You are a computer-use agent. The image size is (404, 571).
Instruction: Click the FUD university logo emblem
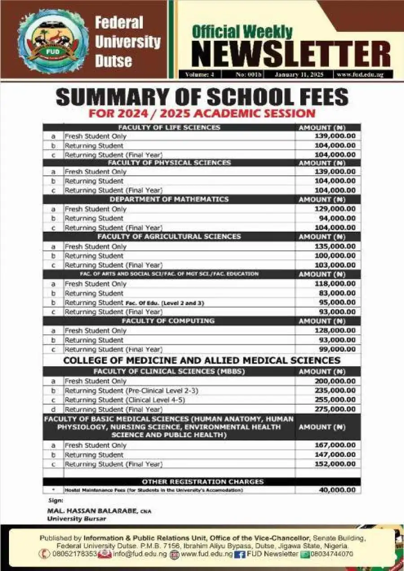pyautogui.click(x=53, y=41)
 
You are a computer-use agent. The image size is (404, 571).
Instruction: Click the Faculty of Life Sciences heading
pyautogui.click(x=169, y=127)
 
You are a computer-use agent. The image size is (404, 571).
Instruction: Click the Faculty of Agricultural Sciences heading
pyautogui.click(x=169, y=237)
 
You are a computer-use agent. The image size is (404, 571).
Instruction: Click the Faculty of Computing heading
pyautogui.click(x=168, y=321)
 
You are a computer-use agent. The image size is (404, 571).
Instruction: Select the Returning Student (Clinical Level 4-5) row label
pyautogui.click(x=125, y=400)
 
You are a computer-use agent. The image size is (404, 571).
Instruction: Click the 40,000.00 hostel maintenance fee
pyautogui.click(x=337, y=490)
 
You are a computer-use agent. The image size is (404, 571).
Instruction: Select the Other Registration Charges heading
pyautogui.click(x=202, y=482)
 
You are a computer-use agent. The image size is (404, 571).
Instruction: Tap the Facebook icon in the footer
pyautogui.click(x=239, y=554)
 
